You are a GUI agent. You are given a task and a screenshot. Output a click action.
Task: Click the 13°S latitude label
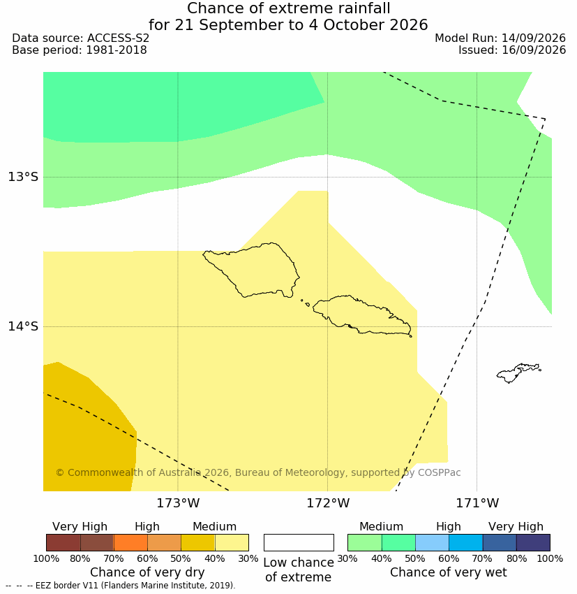click(x=23, y=177)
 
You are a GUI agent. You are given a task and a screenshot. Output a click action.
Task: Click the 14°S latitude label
click(x=23, y=326)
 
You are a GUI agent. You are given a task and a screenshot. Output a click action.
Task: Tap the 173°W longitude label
click(x=178, y=503)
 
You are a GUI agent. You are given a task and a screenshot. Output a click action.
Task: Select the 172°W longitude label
click(x=328, y=503)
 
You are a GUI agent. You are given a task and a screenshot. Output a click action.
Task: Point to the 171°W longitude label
click(x=477, y=503)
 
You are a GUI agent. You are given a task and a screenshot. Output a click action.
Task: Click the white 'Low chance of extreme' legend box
click(x=299, y=542)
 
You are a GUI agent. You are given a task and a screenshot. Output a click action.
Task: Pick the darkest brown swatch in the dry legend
click(x=63, y=542)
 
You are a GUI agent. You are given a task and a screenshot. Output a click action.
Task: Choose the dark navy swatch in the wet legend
click(x=533, y=542)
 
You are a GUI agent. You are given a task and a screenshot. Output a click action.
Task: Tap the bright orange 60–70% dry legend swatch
click(x=130, y=542)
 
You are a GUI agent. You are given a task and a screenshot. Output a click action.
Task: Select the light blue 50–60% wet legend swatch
click(x=432, y=542)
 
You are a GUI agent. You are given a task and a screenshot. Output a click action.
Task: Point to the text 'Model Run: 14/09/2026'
click(x=500, y=38)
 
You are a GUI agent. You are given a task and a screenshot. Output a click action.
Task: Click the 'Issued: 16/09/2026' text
click(x=512, y=50)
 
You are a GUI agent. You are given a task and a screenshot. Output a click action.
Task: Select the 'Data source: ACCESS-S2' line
click(x=80, y=38)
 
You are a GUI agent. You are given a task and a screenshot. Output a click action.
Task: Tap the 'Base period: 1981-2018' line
click(x=80, y=50)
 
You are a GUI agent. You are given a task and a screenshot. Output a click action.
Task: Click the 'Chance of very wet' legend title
click(x=448, y=572)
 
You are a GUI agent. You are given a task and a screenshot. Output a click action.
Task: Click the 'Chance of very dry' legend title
click(x=147, y=572)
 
